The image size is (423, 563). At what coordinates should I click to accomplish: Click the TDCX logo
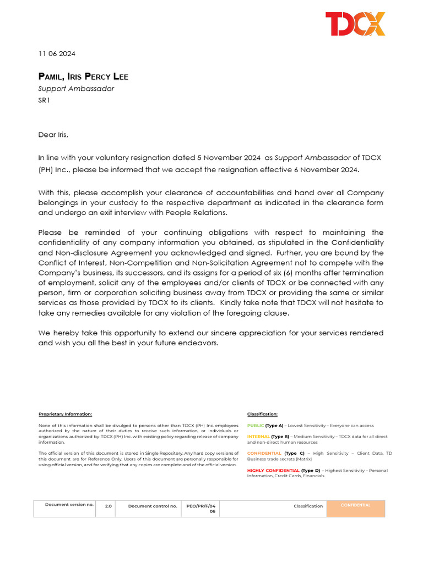[x=355, y=24]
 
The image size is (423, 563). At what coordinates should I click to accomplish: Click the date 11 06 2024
[x=57, y=54]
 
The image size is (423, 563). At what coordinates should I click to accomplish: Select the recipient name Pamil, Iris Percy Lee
[x=83, y=76]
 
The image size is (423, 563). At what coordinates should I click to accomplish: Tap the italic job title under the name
[x=76, y=89]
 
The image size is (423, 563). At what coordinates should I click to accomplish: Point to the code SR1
[x=44, y=100]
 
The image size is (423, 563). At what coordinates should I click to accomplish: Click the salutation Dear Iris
[x=53, y=134]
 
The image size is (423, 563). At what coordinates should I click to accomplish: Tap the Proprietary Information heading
[x=65, y=414]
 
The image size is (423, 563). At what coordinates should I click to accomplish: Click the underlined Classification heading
[x=262, y=414]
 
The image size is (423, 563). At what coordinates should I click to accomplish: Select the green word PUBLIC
[x=256, y=426]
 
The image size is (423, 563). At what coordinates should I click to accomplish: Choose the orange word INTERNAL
[x=258, y=437]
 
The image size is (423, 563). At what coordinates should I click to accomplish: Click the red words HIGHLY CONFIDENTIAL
[x=273, y=471]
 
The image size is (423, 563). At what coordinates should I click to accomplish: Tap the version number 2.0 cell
[x=108, y=506]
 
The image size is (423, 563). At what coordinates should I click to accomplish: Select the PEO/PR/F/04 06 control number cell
[x=200, y=509]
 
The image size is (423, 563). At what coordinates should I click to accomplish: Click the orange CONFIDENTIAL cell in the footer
[x=355, y=508]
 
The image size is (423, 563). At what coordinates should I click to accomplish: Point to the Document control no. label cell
[x=153, y=506]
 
